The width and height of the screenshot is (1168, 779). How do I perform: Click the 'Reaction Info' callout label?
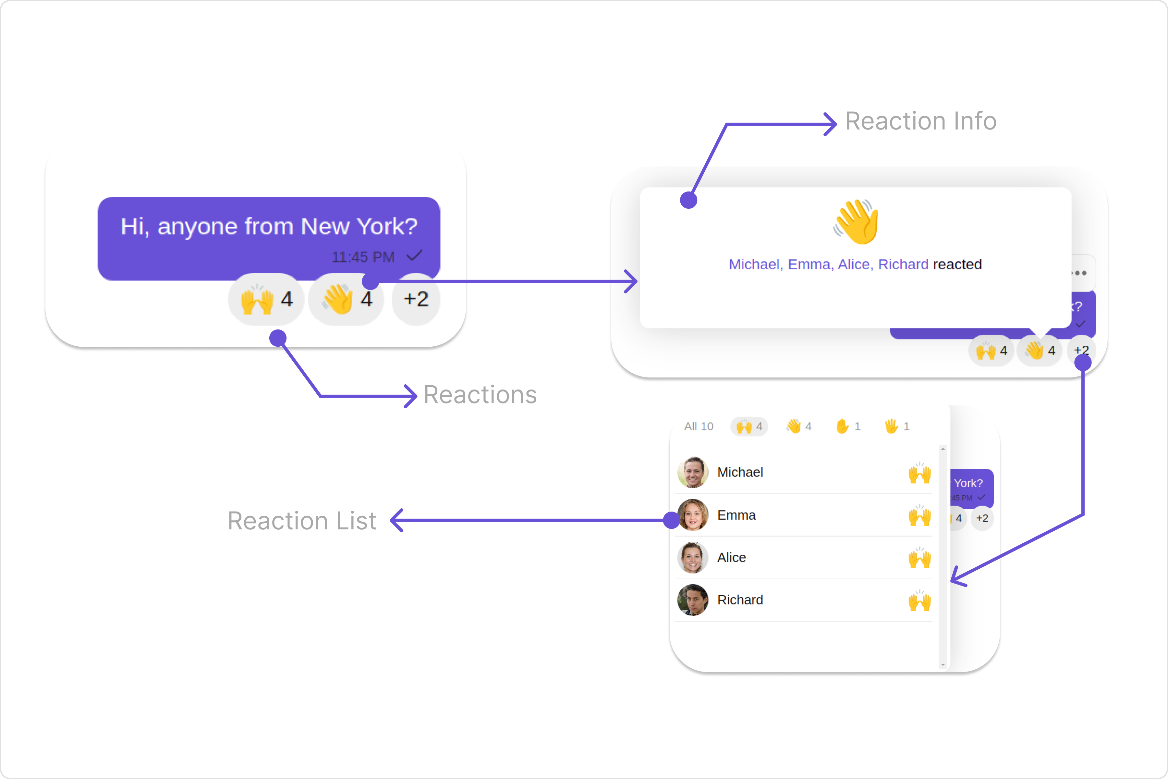[921, 121]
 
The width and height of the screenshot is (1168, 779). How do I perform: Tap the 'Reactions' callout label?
[480, 395]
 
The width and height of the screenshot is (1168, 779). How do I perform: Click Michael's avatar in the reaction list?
[693, 472]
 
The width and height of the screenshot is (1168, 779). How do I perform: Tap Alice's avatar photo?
[693, 557]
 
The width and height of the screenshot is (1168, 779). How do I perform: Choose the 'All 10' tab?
[698, 426]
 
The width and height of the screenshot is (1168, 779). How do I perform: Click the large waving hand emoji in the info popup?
[856, 222]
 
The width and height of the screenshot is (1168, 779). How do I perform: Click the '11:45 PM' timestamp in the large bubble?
[363, 257]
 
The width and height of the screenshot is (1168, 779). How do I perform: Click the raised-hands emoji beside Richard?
[920, 601]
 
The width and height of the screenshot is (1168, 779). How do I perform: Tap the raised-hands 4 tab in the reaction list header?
[749, 426]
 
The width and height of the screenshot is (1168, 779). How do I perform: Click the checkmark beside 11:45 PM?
[414, 256]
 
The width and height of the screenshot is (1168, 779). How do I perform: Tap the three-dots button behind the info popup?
[1080, 273]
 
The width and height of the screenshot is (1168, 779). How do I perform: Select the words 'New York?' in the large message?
[359, 227]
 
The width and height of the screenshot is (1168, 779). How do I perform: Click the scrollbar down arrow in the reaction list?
[943, 665]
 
